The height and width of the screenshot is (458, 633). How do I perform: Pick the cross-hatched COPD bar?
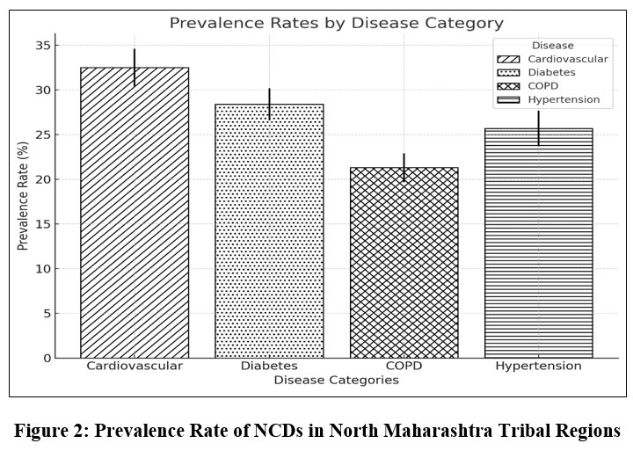point(404,263)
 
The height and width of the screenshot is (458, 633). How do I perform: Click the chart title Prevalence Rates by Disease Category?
point(336,23)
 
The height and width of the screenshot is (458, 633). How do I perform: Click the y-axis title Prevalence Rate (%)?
point(24,201)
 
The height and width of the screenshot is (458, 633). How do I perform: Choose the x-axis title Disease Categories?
point(336,381)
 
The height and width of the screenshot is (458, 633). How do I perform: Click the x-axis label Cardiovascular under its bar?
point(135,366)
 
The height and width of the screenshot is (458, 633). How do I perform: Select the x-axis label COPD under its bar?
point(404,366)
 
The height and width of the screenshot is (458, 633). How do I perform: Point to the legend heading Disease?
point(552,46)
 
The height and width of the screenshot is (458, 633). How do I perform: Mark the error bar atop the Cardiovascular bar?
point(135,66)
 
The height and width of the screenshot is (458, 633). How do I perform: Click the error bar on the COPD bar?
point(404,166)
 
